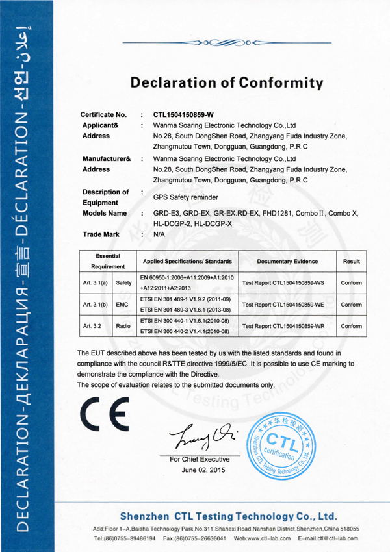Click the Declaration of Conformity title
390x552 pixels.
pyautogui.click(x=227, y=82)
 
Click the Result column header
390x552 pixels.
pyautogui.click(x=352, y=261)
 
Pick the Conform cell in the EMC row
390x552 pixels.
pyautogui.click(x=352, y=304)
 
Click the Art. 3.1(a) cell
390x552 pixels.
pyautogui.click(x=96, y=282)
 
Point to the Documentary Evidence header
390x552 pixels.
pyautogui.click(x=287, y=261)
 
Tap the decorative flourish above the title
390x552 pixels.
pyautogui.click(x=226, y=44)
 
